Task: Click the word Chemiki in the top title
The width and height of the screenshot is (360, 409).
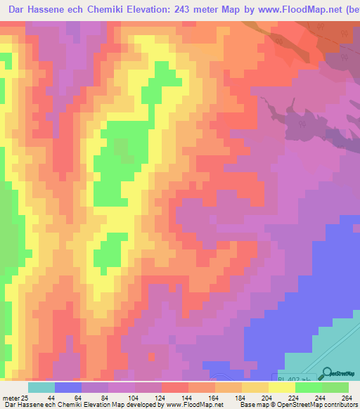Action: point(117,8)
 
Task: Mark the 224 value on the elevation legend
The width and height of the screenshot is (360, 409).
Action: point(309,397)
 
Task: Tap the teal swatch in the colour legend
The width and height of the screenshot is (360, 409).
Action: point(41,387)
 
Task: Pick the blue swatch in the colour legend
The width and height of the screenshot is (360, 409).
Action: point(68,387)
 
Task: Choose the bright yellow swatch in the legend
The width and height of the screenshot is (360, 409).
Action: point(282,387)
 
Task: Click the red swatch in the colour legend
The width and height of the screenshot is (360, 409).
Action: point(175,387)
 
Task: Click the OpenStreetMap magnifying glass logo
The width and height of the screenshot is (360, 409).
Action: point(326,373)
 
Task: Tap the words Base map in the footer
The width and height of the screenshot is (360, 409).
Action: point(251,405)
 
